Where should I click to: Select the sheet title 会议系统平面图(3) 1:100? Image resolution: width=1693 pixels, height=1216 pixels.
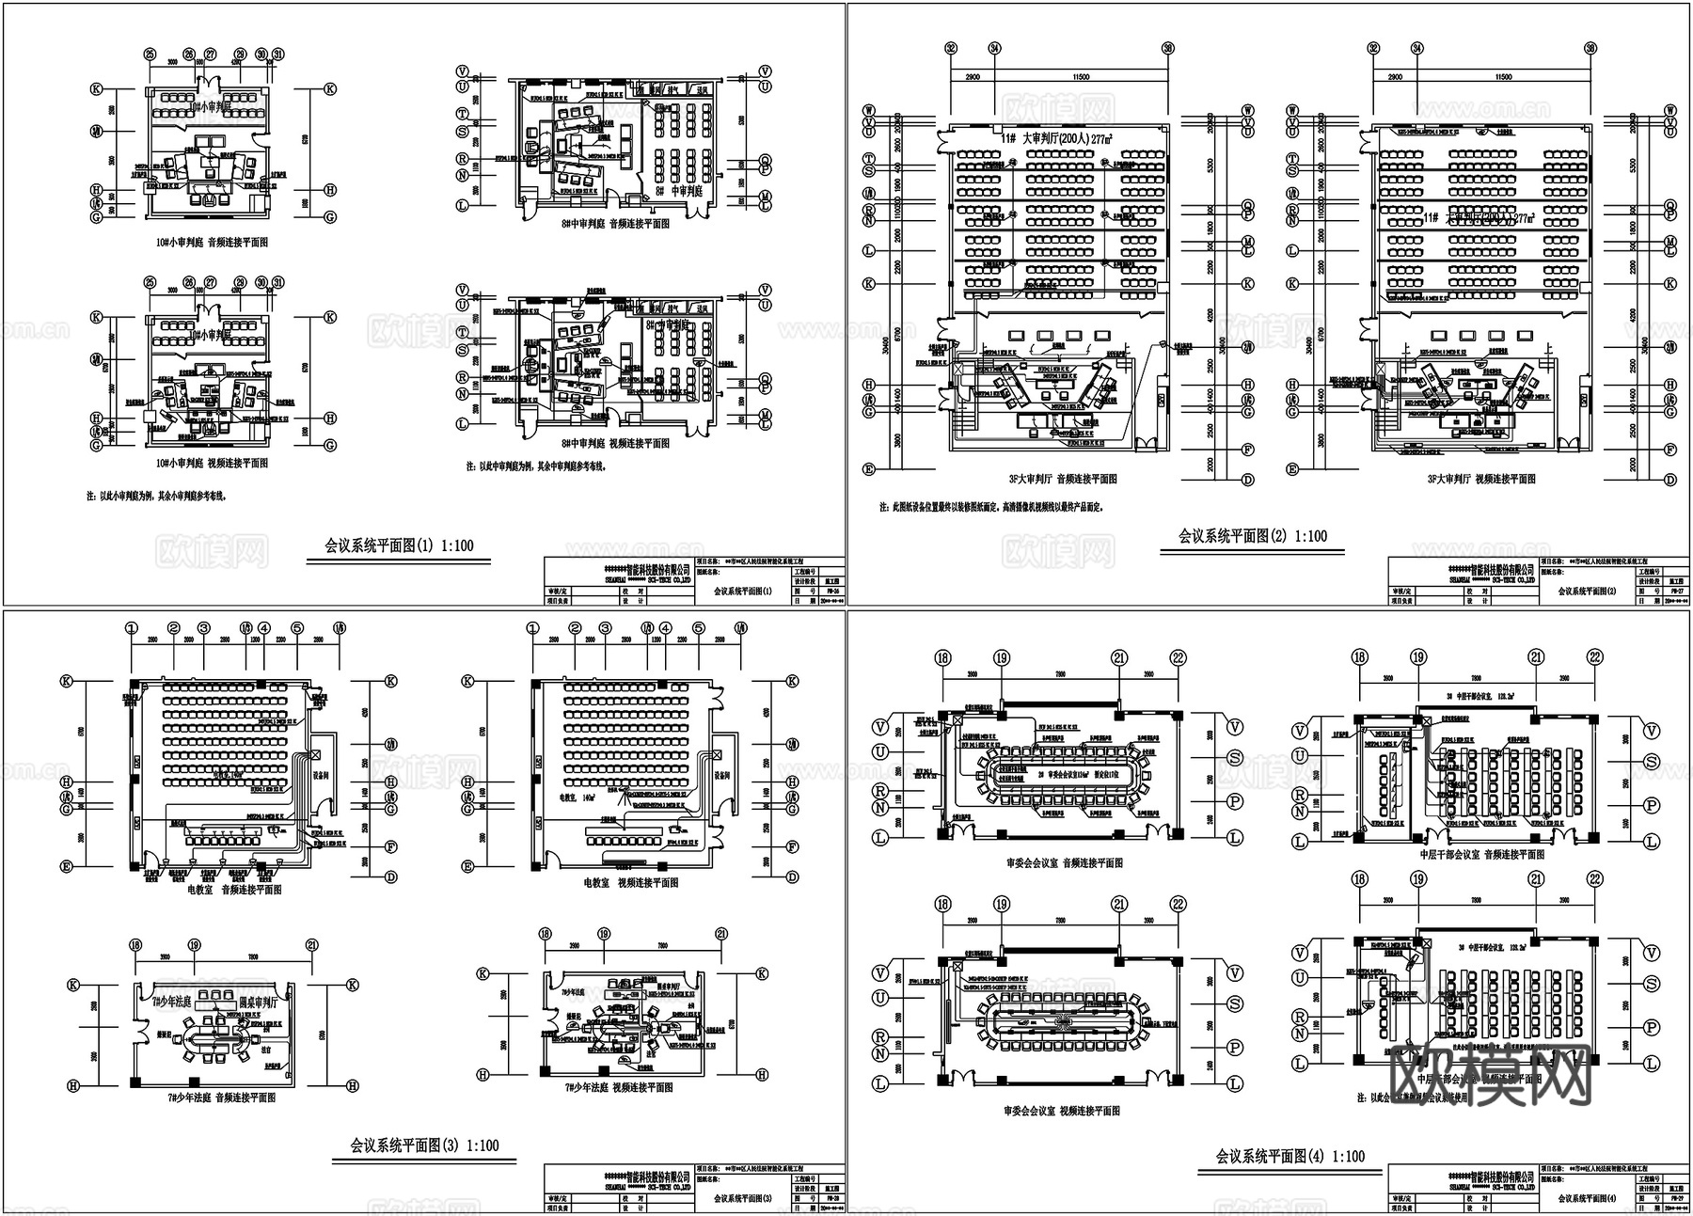click(424, 1145)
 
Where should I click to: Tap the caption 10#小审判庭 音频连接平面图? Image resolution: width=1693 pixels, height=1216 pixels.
click(212, 243)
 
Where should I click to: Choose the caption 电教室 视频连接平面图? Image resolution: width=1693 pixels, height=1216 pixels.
click(630, 883)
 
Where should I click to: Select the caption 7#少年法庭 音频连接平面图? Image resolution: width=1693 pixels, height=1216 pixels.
click(221, 1097)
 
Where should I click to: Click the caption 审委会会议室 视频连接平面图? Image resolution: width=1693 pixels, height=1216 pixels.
click(1062, 1111)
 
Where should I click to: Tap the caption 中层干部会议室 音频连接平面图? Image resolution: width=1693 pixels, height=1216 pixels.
click(1481, 855)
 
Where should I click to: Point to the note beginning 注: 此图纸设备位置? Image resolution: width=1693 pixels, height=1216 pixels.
click(991, 507)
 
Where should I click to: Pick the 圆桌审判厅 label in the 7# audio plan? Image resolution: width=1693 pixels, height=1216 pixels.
click(261, 1001)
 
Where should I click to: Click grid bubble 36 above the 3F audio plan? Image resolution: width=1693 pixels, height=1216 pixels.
click(1168, 48)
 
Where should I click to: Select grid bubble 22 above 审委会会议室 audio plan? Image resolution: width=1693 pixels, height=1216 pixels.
click(1178, 658)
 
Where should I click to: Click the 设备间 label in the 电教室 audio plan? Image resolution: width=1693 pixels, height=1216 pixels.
click(321, 776)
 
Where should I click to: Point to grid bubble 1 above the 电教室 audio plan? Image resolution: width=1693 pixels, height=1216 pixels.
click(131, 628)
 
